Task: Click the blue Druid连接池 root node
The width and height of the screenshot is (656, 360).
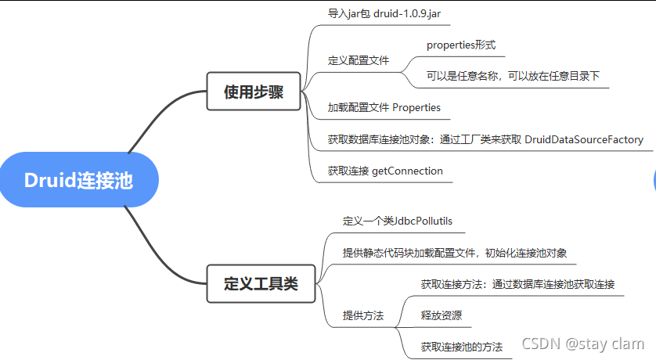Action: click(x=78, y=181)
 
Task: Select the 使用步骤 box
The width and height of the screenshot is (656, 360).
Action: click(x=254, y=92)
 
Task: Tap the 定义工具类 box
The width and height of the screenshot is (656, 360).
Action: click(x=261, y=283)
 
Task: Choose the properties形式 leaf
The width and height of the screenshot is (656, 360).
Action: click(x=461, y=45)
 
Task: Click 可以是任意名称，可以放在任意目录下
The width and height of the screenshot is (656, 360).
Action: click(x=513, y=76)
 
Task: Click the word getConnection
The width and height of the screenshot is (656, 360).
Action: click(x=407, y=171)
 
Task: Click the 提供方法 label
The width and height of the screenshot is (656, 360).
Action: click(x=363, y=315)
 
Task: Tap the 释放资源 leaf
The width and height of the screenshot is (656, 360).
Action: click(x=441, y=315)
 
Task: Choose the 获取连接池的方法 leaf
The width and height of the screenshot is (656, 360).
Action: click(x=461, y=346)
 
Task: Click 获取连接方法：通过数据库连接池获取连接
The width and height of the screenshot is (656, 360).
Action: click(x=517, y=284)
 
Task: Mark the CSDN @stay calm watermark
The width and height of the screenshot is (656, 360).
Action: click(x=583, y=344)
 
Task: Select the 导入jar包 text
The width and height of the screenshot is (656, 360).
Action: click(x=348, y=14)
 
